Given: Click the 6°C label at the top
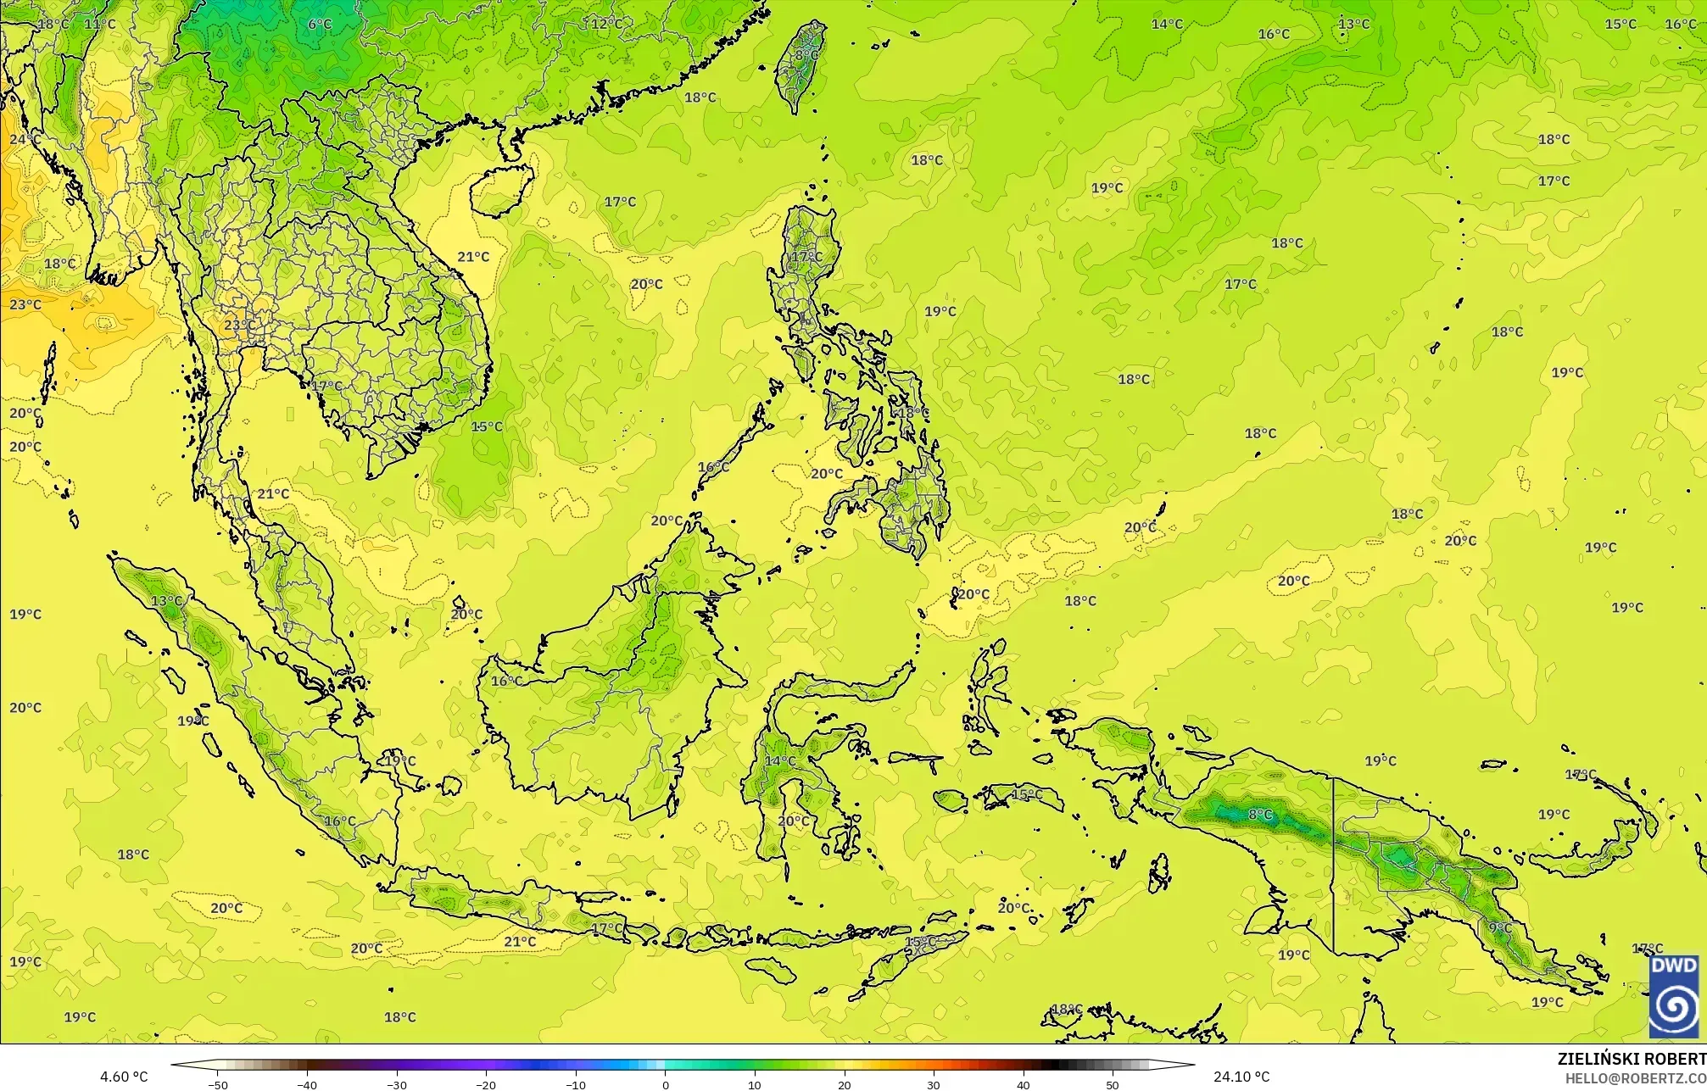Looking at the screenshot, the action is pyautogui.click(x=320, y=24).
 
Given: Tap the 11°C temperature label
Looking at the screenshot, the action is pyautogui.click(x=99, y=24).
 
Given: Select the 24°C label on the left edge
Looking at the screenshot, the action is pyautogui.click(x=25, y=139).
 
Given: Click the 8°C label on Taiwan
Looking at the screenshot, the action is pyautogui.click(x=806, y=55).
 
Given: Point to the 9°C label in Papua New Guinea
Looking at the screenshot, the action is pyautogui.click(x=1500, y=928).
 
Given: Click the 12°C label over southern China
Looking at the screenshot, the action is pyautogui.click(x=607, y=24).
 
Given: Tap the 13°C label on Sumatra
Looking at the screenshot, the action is pyautogui.click(x=166, y=601).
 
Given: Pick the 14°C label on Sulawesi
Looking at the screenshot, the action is pyautogui.click(x=780, y=761).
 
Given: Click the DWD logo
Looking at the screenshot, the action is pyautogui.click(x=1674, y=996).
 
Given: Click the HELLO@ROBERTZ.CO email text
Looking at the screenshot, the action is pyautogui.click(x=1635, y=1077).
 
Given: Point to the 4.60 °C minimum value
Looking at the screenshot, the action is pyautogui.click(x=124, y=1077).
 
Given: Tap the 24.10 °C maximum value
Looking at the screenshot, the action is pyautogui.click(x=1241, y=1077).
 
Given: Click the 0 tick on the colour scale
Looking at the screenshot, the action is pyautogui.click(x=665, y=1085).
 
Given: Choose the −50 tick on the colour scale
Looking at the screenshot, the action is pyautogui.click(x=217, y=1085).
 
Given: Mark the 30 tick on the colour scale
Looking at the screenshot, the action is pyautogui.click(x=934, y=1085).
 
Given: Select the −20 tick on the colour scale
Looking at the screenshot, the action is pyautogui.click(x=486, y=1085).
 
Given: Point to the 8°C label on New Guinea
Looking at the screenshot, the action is pyautogui.click(x=1260, y=815).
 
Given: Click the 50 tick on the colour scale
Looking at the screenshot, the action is pyautogui.click(x=1113, y=1085).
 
